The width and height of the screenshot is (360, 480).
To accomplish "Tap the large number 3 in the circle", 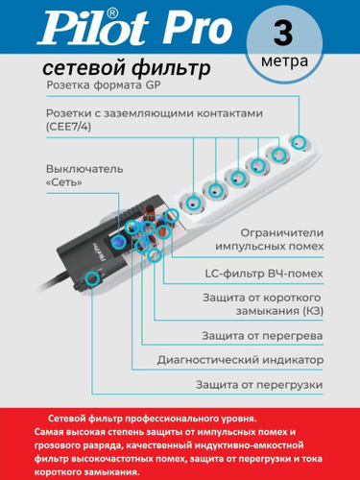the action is click(283, 34).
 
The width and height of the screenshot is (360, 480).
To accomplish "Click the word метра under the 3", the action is click(284, 60).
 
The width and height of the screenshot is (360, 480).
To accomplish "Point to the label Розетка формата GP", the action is click(104, 85).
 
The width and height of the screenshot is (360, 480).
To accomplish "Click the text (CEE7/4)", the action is click(69, 127).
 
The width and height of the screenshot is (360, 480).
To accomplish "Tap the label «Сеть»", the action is click(64, 182).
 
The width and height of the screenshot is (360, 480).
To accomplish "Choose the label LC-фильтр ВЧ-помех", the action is click(264, 274).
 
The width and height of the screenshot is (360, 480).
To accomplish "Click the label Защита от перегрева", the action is click(262, 336).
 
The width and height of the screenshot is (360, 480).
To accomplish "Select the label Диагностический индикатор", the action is click(240, 360).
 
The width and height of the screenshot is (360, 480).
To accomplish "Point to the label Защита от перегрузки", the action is click(259, 385).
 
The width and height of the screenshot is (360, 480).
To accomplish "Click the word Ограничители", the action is click(282, 233).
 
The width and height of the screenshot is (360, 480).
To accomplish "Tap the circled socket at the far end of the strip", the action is click(299, 142).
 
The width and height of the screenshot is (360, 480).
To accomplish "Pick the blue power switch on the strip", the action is click(118, 242).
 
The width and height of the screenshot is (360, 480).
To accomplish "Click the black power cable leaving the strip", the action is click(55, 281).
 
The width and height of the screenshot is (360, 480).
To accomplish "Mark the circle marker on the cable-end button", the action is click(92, 279).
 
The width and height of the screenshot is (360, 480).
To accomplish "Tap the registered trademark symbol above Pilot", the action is click(111, 12).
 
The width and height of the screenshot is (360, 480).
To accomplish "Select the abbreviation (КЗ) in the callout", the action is click(313, 311).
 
